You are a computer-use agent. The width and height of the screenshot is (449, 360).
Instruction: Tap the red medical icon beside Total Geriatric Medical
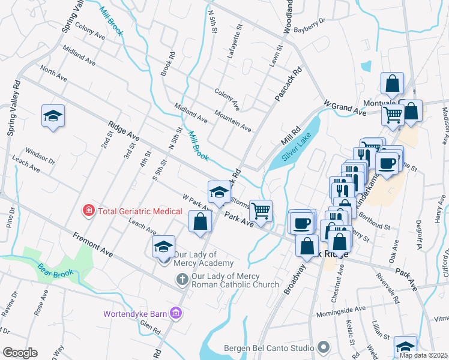click(89, 211)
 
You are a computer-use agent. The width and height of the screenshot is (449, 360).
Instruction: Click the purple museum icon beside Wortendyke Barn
click(175, 313)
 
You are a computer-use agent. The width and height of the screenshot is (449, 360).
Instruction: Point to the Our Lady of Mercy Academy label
click(203, 263)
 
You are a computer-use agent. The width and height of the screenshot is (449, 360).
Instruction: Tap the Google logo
click(20, 353)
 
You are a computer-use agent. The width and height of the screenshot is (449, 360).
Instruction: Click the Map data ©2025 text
click(424, 355)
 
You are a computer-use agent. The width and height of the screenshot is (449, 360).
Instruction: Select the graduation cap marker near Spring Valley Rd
click(53, 115)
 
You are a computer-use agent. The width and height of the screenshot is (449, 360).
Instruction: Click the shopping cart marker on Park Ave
click(261, 211)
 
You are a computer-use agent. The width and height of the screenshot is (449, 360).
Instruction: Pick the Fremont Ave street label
click(93, 245)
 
